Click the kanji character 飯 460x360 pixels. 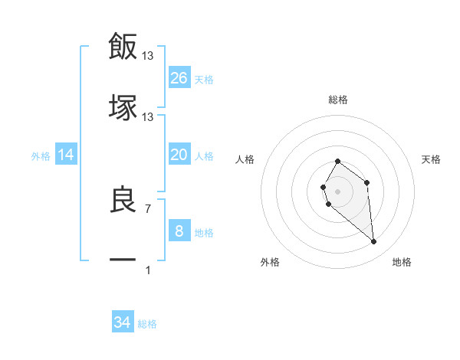point(123,46)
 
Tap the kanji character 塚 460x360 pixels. point(123,107)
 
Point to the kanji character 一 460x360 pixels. point(123,260)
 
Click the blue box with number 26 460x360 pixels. point(179,77)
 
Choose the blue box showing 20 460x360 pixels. point(179,155)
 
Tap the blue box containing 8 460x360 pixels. point(179,231)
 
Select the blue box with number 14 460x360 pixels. point(66,155)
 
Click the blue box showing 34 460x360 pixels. point(123,322)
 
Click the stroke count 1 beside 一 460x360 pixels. point(148,270)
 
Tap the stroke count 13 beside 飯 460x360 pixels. point(148,55)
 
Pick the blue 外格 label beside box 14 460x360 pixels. point(41,156)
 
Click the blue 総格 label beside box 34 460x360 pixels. point(147,324)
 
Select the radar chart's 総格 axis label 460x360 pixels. point(337,100)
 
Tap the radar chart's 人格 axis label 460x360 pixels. point(245,159)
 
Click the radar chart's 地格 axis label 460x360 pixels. point(402,262)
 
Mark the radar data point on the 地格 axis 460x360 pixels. point(374,242)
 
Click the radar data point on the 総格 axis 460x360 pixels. point(337,161)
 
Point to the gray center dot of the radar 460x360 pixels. point(337,191)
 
